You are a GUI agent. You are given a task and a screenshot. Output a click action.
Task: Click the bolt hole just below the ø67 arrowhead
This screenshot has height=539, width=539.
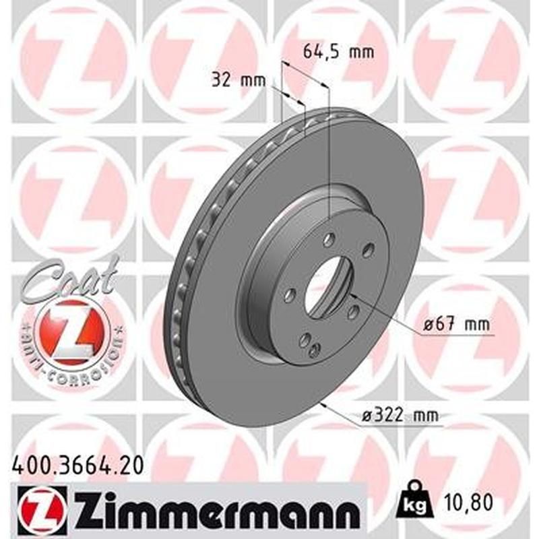tap(352, 311)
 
